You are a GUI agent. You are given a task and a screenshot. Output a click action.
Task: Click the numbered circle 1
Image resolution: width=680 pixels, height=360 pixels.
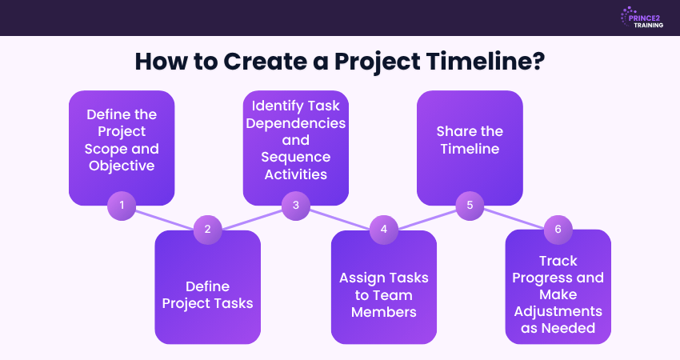[122, 205]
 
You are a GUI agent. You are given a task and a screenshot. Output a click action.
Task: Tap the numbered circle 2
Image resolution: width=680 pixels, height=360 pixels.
[208, 229]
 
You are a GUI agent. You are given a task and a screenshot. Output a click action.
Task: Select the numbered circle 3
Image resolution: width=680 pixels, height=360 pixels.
[295, 205]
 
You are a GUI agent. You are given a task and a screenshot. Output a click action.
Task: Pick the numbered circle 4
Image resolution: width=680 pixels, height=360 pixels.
[383, 229]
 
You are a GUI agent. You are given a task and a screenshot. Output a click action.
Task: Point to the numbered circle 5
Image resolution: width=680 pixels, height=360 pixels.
[470, 205]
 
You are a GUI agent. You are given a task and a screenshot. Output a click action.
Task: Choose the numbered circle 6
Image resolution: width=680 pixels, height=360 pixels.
[558, 229]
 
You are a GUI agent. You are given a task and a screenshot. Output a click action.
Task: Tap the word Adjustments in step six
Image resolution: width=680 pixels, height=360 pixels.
[558, 311]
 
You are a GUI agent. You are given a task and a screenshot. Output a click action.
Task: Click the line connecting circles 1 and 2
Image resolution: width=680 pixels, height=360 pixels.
[165, 217]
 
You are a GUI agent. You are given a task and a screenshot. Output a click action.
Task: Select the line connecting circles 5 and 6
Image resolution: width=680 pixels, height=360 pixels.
[514, 217]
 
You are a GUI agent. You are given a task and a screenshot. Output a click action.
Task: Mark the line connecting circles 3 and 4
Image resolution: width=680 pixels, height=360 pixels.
[339, 217]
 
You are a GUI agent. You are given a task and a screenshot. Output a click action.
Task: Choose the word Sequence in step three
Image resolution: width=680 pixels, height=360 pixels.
[295, 158]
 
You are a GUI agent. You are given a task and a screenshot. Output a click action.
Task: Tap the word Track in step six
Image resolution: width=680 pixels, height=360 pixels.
[558, 261]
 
